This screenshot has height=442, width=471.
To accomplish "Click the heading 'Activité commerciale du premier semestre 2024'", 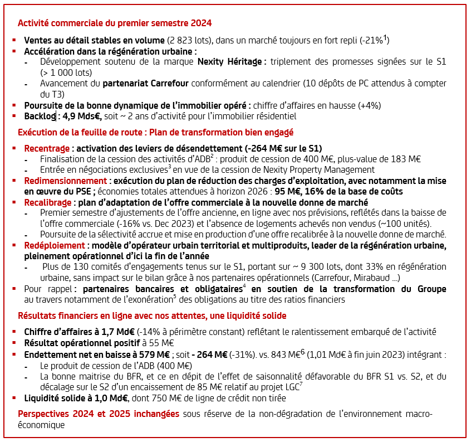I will tap(115, 23).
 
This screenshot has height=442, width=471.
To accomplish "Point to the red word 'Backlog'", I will tap(40, 116).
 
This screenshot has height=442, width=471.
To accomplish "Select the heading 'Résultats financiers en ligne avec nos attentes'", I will tap(112, 315).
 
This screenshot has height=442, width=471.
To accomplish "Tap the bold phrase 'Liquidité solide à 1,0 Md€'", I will tap(76, 398).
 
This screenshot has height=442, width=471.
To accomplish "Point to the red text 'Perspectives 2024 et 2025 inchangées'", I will tap(99, 414).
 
